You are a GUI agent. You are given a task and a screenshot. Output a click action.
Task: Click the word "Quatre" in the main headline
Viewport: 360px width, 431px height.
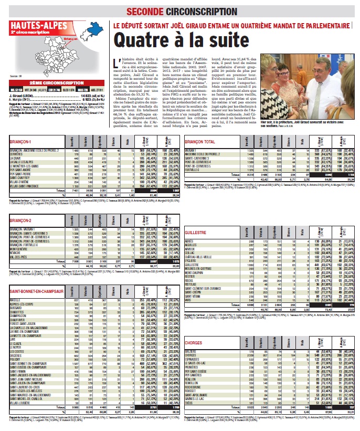(x=140, y=40)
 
